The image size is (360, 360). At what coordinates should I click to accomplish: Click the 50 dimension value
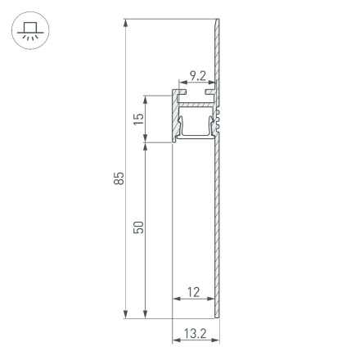click(139, 227)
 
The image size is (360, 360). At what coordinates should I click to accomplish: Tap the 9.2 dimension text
click(196, 77)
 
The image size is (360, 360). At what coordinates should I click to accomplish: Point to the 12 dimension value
click(194, 292)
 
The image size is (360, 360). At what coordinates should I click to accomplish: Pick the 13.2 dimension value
click(195, 333)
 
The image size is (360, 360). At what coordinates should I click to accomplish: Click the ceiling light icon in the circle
click(30, 32)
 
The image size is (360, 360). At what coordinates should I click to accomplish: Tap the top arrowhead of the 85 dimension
click(125, 22)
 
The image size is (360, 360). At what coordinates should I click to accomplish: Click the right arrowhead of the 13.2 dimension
click(218, 341)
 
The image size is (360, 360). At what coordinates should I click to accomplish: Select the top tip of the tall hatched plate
click(219, 21)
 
